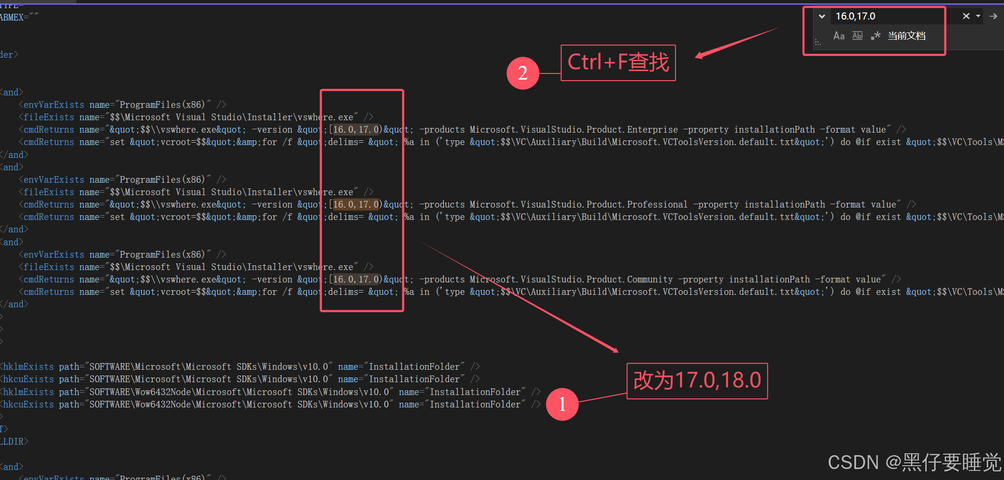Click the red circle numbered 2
click(523, 73)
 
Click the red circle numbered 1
click(562, 404)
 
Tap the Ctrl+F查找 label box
click(618, 63)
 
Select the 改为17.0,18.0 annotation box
click(697, 381)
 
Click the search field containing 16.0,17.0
click(888, 16)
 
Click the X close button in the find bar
click(966, 16)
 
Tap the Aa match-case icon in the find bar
click(838, 36)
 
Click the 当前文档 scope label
click(906, 36)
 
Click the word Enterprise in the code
click(652, 130)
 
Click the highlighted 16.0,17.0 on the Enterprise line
click(356, 130)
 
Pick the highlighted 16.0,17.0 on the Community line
click(356, 280)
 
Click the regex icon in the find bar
click(876, 36)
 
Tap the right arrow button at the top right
click(993, 16)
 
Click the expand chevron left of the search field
click(822, 16)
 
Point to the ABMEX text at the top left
click(12, 17)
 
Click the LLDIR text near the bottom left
click(12, 441)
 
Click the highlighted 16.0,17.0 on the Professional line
click(356, 205)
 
